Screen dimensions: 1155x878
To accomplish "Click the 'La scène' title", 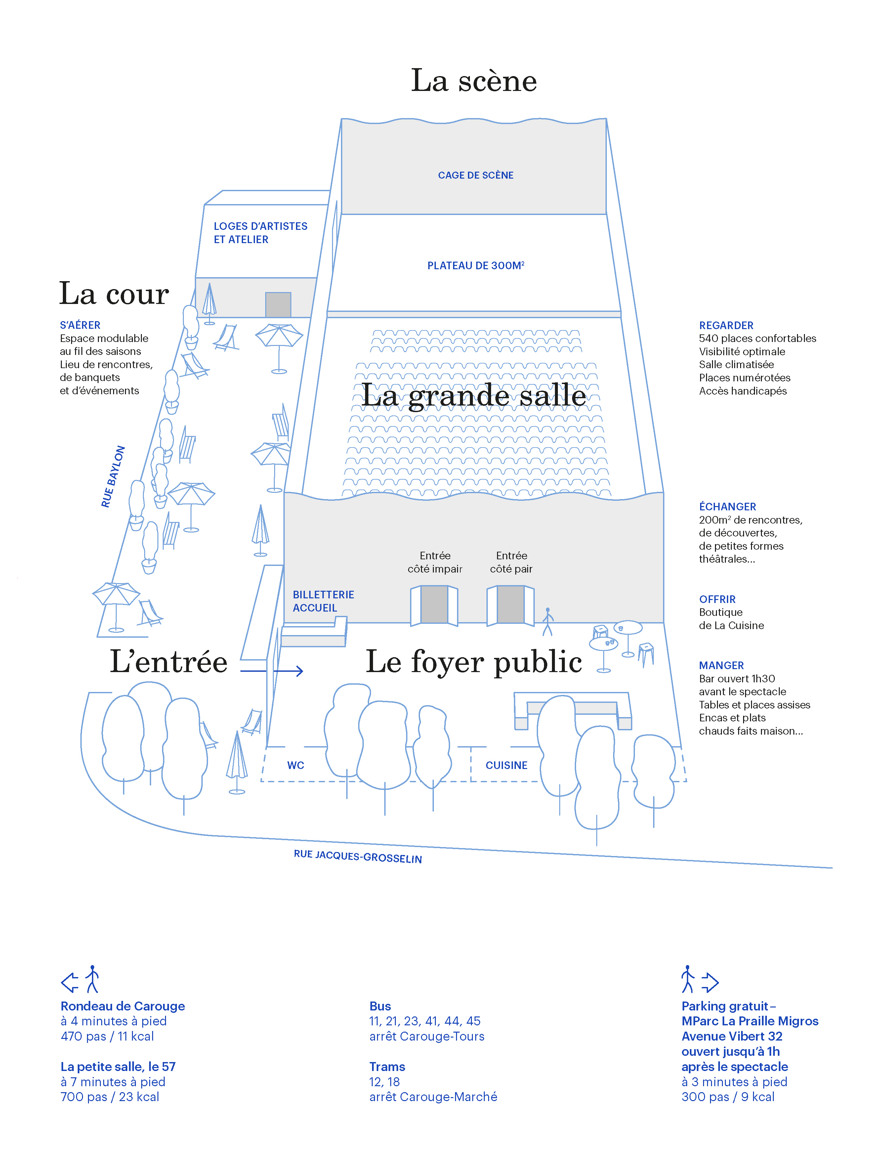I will [x=474, y=81].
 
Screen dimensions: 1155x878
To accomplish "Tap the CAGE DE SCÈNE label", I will [x=476, y=175].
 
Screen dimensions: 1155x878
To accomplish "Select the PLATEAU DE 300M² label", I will [x=476, y=266].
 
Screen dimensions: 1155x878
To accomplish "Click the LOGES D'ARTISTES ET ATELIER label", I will [x=260, y=233].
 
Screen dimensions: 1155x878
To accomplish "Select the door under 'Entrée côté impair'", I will [x=434, y=604].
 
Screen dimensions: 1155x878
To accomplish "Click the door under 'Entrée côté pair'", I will [x=511, y=604].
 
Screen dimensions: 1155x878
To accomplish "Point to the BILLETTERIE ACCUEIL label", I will [x=323, y=601].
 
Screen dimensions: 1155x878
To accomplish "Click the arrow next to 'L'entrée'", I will [x=272, y=670].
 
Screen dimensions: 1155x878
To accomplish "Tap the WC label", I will [x=295, y=765].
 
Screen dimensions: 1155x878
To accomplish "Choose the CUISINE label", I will [x=506, y=765].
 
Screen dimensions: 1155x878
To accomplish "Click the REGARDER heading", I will [x=726, y=325].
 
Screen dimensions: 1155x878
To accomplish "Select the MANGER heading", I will [x=721, y=665].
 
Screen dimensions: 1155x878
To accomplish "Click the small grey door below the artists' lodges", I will [x=278, y=304].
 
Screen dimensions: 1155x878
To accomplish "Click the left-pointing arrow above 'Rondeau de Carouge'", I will [x=69, y=982].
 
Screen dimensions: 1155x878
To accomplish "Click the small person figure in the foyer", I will [x=547, y=621].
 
